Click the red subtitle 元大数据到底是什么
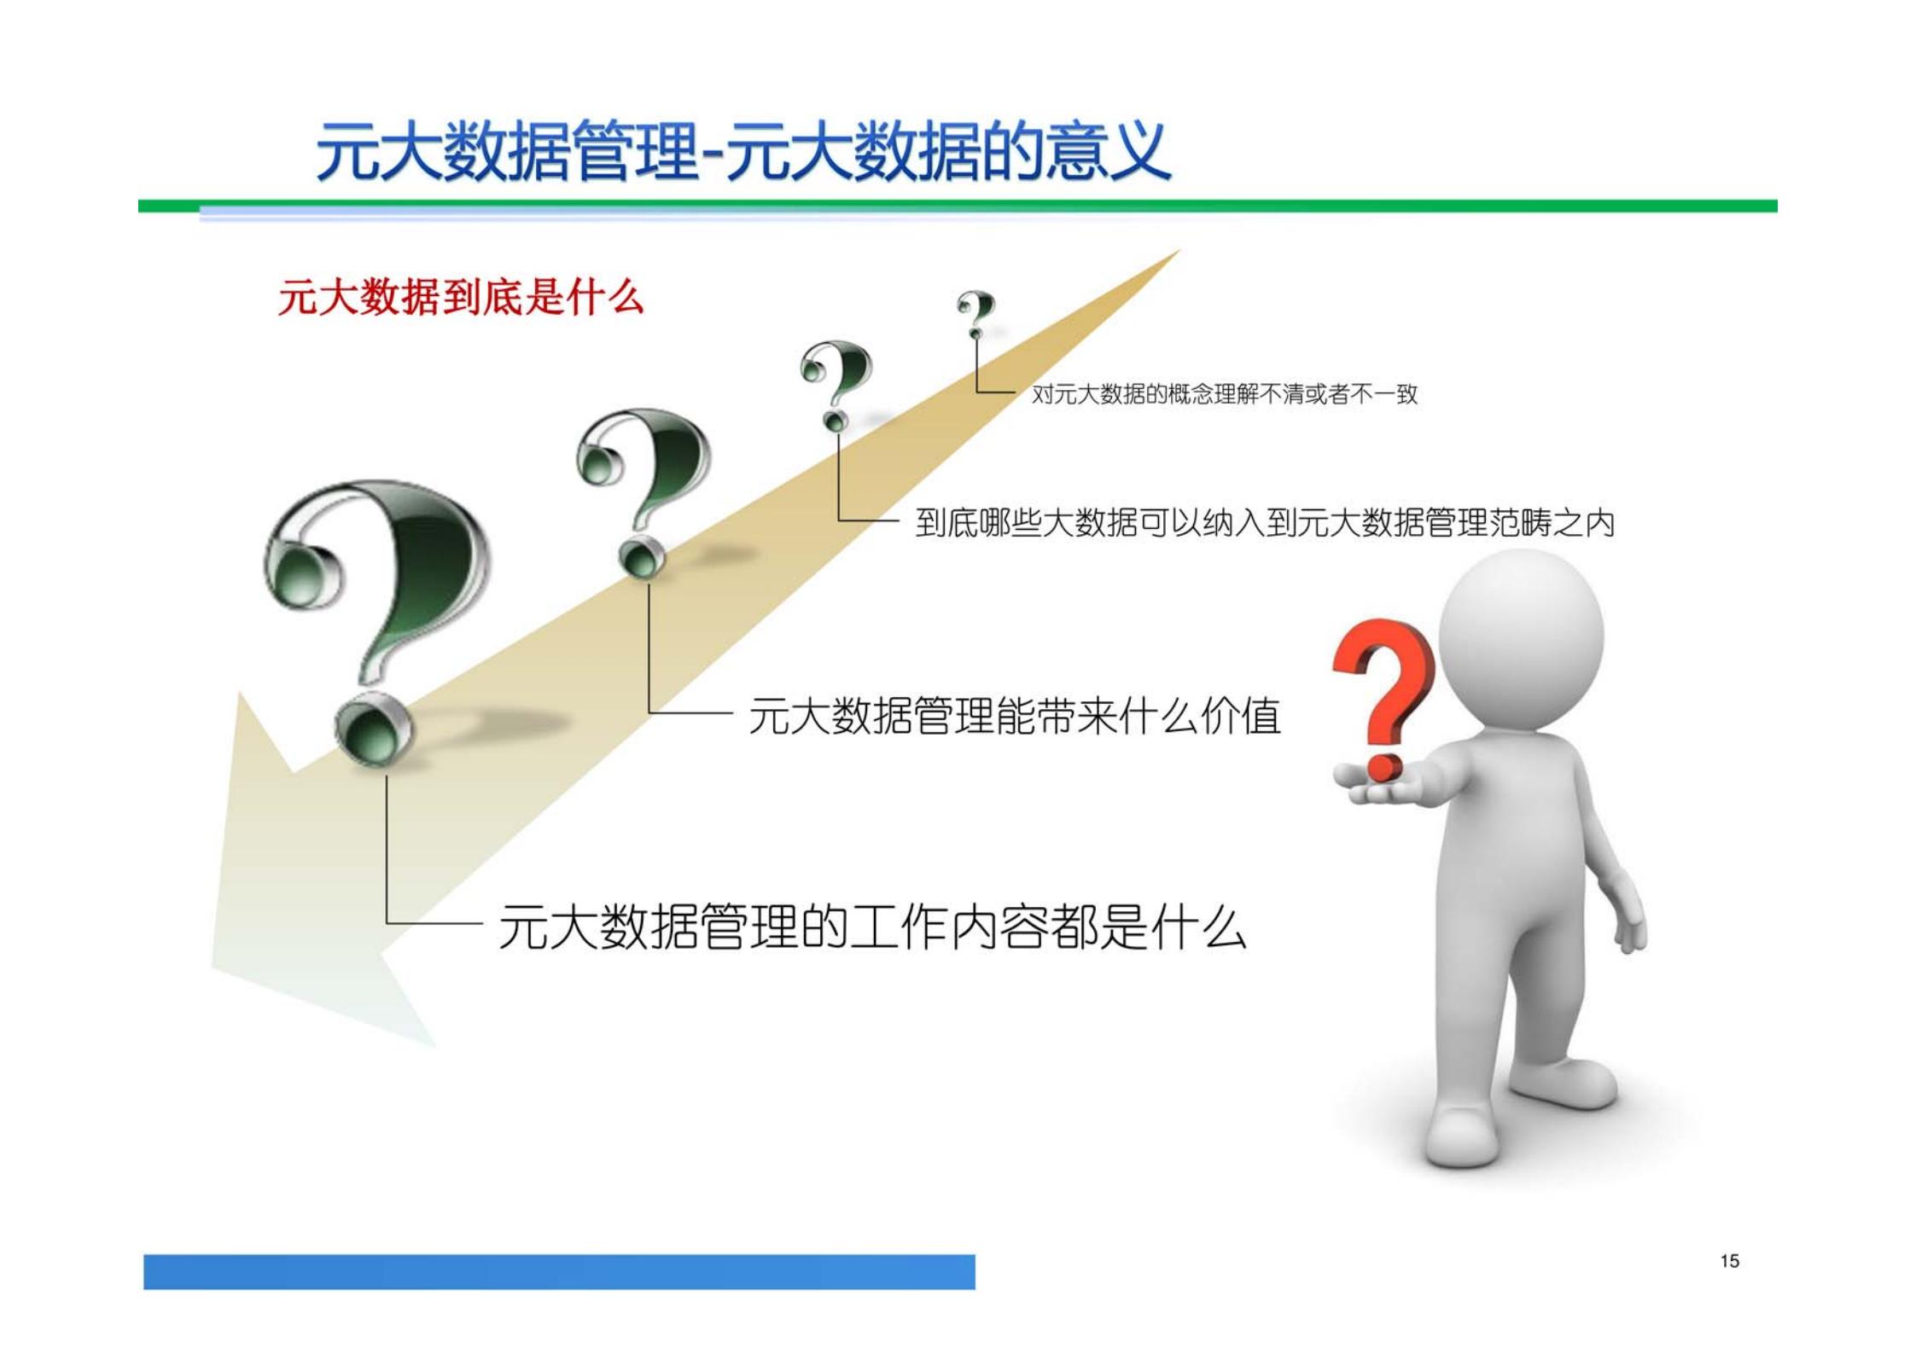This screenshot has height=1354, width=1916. [x=461, y=298]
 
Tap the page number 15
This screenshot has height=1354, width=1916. [x=1729, y=1261]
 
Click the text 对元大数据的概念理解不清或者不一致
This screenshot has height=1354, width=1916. [x=1225, y=394]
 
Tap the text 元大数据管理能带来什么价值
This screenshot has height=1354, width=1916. [x=1015, y=716]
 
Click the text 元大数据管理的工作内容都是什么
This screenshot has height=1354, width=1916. [x=871, y=927]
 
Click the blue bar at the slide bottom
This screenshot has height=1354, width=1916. [x=559, y=1271]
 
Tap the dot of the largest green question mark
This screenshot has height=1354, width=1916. [x=373, y=729]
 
